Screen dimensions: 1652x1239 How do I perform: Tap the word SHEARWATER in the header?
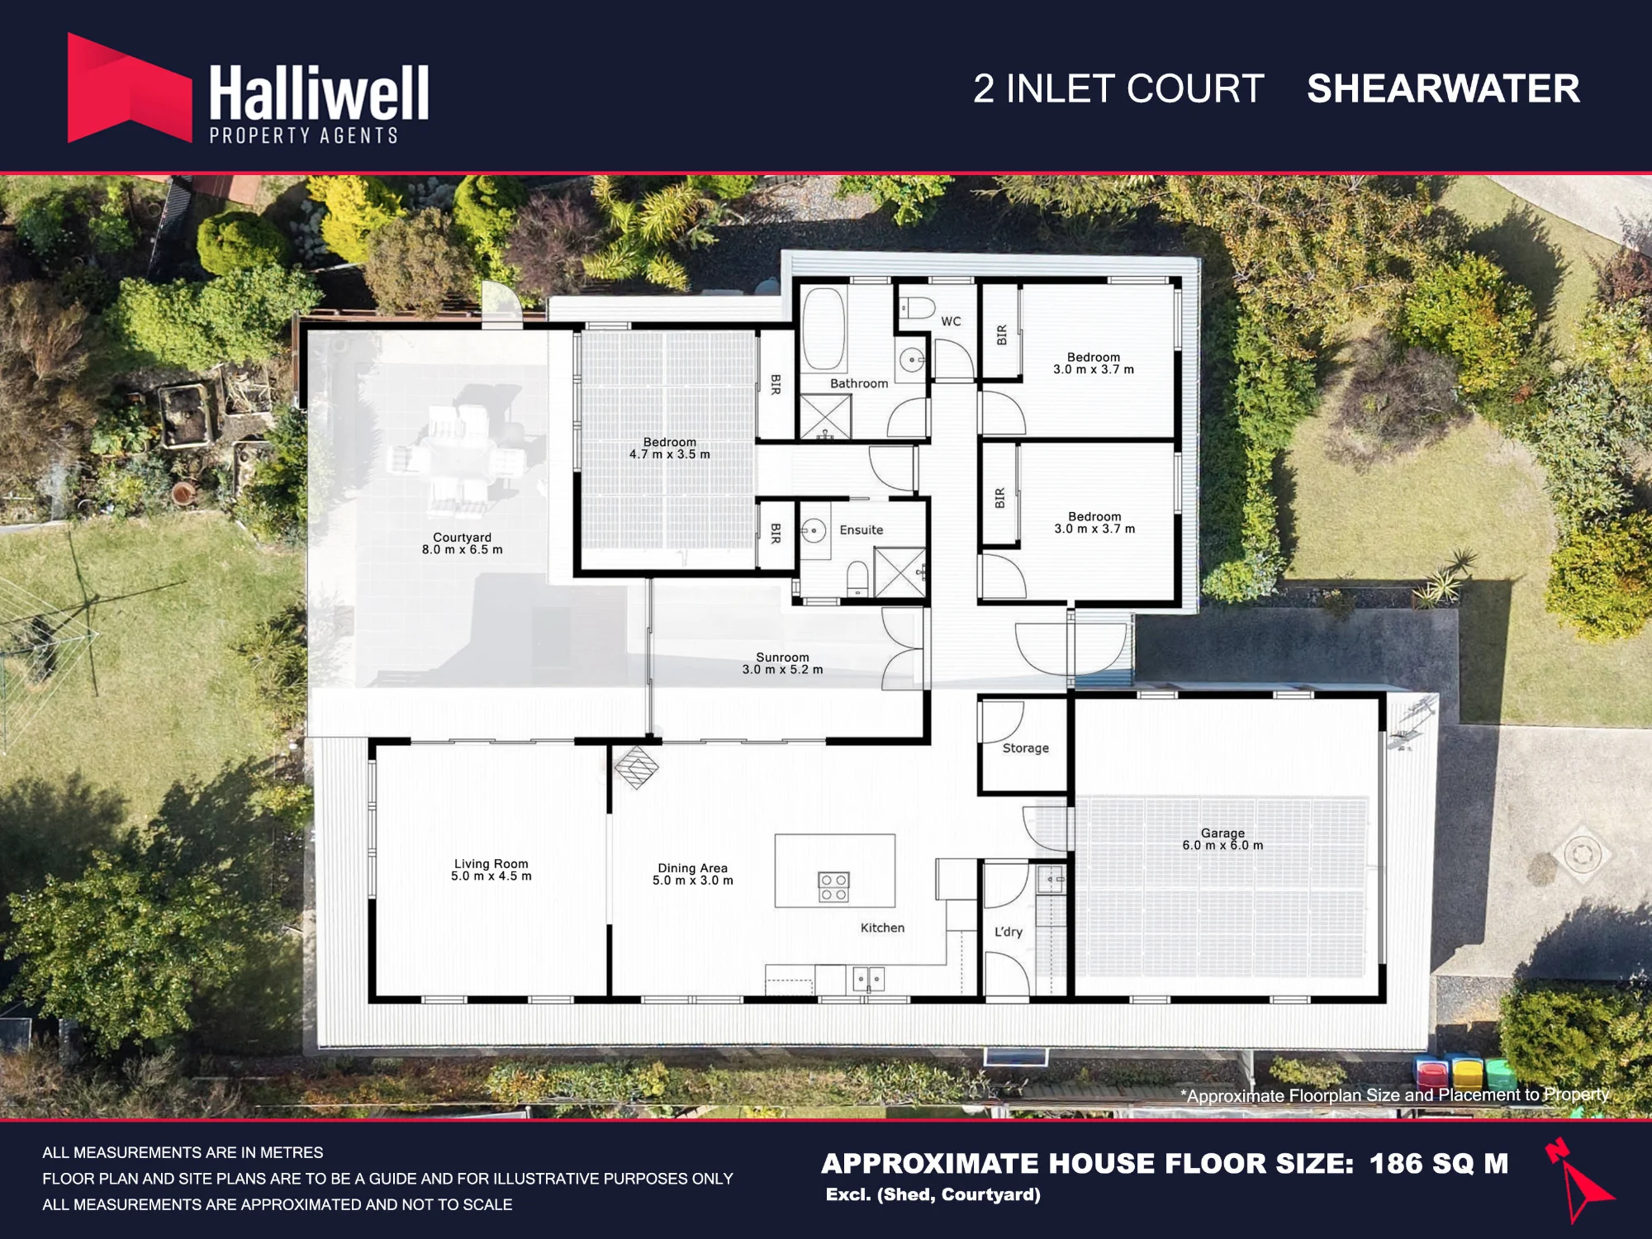click(1443, 88)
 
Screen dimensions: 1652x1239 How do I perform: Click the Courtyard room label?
click(462, 544)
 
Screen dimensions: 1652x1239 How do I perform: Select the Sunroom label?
click(782, 663)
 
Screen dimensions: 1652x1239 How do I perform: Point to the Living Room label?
click(491, 870)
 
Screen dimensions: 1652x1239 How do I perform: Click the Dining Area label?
click(693, 874)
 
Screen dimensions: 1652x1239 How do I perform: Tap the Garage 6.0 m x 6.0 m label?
click(1222, 839)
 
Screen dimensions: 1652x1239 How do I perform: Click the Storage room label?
click(1026, 748)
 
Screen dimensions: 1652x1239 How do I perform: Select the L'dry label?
click(1009, 932)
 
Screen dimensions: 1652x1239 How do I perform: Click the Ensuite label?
click(862, 530)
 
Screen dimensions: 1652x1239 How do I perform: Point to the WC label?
click(951, 321)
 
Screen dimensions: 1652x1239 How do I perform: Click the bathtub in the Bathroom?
click(824, 329)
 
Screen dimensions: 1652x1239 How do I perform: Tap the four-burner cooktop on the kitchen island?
click(833, 886)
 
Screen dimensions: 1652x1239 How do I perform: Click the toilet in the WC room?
click(916, 308)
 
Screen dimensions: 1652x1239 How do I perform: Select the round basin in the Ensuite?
click(814, 530)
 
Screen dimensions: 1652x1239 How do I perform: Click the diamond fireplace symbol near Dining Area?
click(637, 767)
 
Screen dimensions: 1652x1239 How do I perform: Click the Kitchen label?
click(883, 928)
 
